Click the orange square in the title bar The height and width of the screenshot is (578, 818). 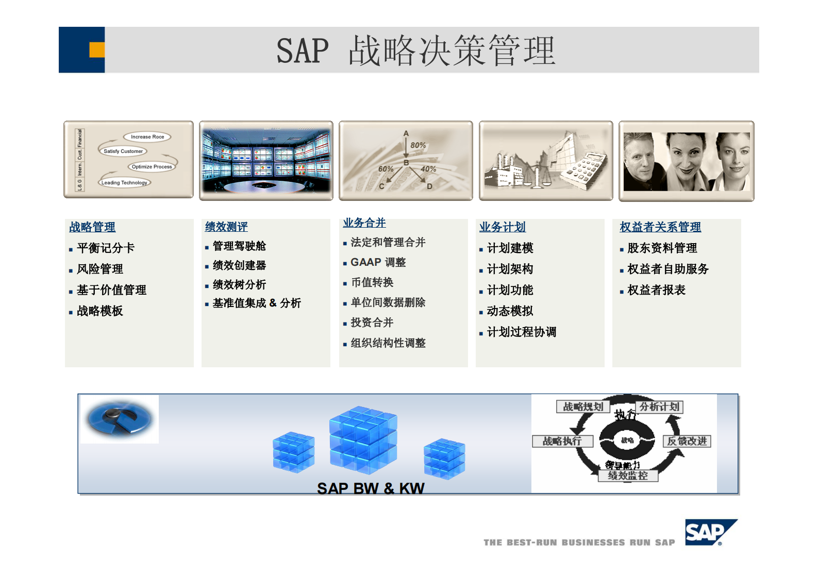pos(97,49)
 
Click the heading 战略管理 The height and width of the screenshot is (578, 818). pos(92,227)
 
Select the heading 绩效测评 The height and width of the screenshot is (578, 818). pos(226,227)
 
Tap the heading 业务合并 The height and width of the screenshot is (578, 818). pos(364,223)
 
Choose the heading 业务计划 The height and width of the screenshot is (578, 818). pos(502,227)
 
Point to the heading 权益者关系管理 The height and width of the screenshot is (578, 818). pos(660,227)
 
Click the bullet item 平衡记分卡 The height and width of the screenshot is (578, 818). pos(106,248)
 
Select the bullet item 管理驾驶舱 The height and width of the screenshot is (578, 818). pos(239,246)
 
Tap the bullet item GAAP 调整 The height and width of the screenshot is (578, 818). pos(378,262)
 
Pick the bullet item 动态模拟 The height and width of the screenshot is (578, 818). pos(510,311)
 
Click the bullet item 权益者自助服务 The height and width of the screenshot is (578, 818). pos(668,269)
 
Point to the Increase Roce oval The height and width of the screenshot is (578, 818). pos(147,137)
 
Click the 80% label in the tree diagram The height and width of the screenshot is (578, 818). pos(418,145)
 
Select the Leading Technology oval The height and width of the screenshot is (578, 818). pos(124,182)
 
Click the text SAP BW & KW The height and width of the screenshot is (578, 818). pos(371,488)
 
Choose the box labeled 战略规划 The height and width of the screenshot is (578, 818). pos(582,406)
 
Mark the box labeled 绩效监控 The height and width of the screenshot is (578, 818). pos(628,475)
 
